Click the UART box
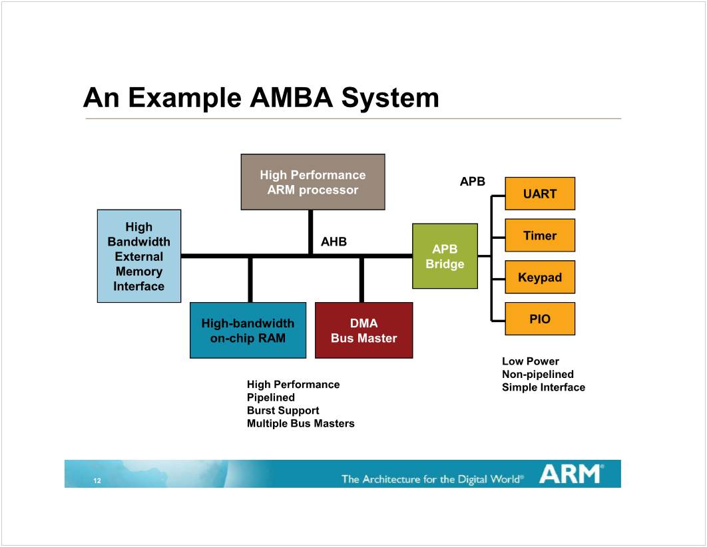point(540,194)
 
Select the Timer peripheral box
point(540,236)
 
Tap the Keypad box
point(540,277)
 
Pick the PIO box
point(540,319)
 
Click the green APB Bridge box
point(445,256)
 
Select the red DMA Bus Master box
point(363,331)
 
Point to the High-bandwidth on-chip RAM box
point(248,331)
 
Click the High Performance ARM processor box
point(313,182)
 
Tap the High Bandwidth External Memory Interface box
point(139,256)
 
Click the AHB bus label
point(334,242)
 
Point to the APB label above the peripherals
point(473,181)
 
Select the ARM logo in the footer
point(571,474)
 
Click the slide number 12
point(97,481)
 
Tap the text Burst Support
point(283,411)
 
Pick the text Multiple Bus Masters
point(301,423)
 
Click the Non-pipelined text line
point(538,374)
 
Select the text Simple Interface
point(543,387)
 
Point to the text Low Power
point(531,361)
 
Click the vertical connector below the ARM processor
point(311,232)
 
